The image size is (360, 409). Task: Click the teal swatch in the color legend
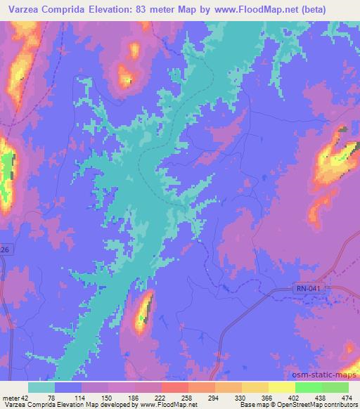coord(41,387)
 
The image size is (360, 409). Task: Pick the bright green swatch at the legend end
coord(335,387)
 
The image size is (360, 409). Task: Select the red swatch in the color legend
coord(174,387)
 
